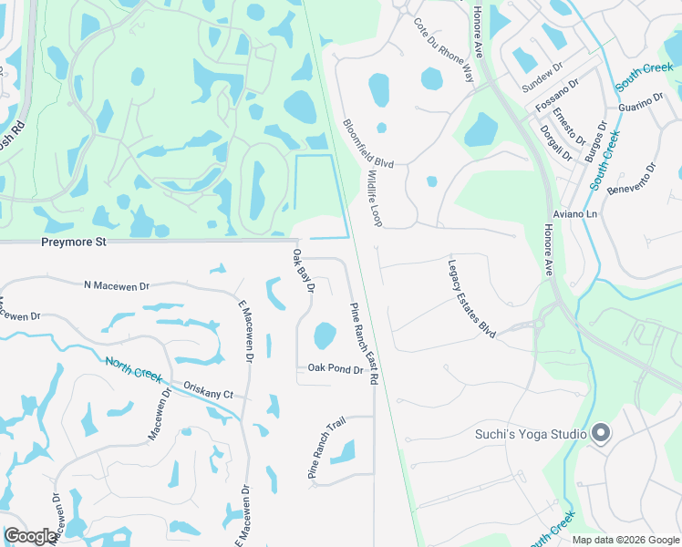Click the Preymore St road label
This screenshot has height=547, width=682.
(x=75, y=243)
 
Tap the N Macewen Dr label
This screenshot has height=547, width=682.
(x=116, y=286)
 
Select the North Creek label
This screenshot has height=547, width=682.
(x=133, y=368)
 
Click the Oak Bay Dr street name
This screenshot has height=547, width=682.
(x=304, y=272)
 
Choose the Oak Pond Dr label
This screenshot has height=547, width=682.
(x=336, y=369)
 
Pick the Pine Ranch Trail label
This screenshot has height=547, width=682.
(x=325, y=449)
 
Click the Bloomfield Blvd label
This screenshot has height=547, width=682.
(x=367, y=142)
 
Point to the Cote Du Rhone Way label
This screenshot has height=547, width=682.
(x=444, y=50)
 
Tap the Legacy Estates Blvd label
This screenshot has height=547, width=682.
(x=471, y=299)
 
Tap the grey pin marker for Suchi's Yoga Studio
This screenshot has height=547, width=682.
(x=601, y=434)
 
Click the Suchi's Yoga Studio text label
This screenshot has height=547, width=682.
(x=531, y=434)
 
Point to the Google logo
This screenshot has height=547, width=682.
(x=30, y=536)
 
